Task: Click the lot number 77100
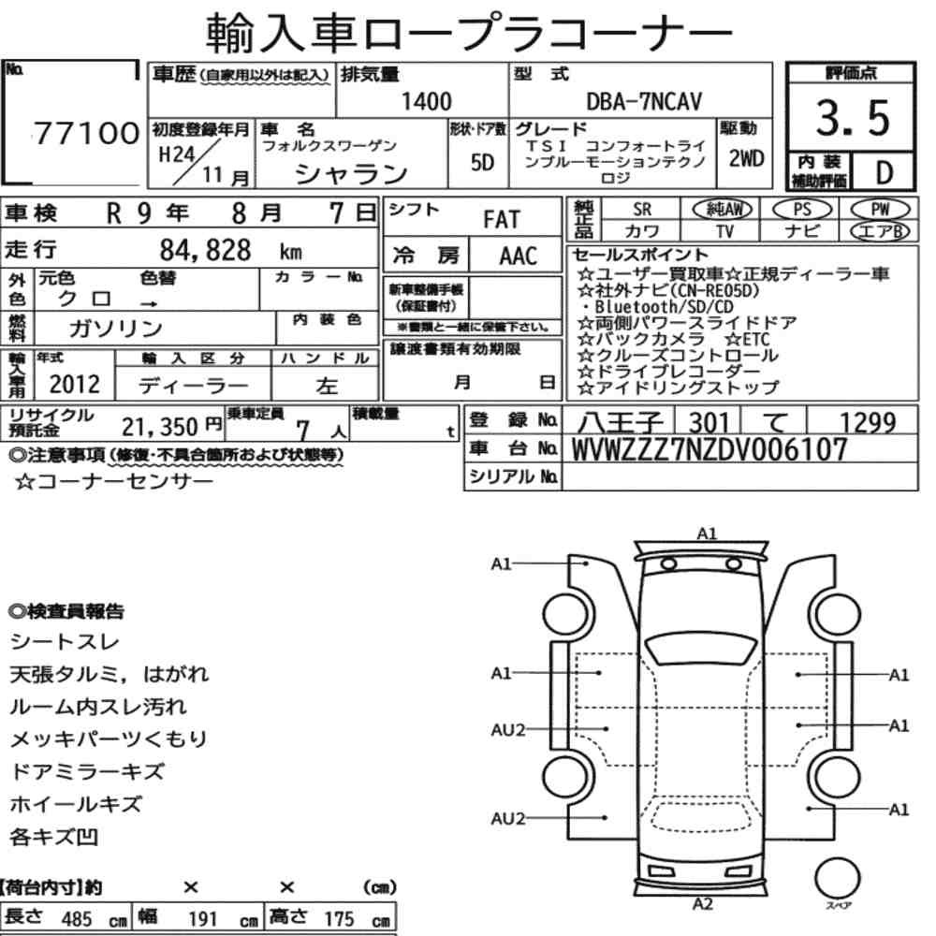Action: point(86,133)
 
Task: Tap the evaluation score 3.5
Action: point(853,118)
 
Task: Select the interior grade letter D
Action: point(885,172)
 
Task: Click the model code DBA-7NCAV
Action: point(644,101)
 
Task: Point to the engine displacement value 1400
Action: point(426,101)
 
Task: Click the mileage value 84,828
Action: point(205,250)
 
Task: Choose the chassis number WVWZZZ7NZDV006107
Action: point(709,449)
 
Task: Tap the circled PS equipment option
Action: point(802,210)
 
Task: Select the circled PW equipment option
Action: point(880,209)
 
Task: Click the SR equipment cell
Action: point(642,210)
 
